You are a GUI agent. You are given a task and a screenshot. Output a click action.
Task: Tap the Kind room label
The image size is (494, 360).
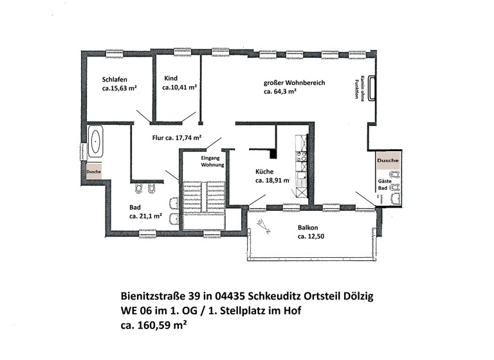pos(170,78)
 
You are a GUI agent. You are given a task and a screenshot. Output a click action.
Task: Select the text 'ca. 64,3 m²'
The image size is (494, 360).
pos(280,92)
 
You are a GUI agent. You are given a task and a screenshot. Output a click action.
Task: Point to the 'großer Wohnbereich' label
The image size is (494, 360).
pos(294,83)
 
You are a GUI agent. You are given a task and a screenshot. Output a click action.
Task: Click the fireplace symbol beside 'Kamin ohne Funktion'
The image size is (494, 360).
pos(371,87)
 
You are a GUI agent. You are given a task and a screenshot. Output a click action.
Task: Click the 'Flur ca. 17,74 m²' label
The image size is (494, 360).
pos(177,138)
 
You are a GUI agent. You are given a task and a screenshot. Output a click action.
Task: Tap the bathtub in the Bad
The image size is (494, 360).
pos(96,141)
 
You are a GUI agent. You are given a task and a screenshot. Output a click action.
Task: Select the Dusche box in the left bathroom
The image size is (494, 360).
pos(93,172)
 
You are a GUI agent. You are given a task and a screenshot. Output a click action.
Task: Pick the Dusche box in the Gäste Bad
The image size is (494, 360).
pos(388,160)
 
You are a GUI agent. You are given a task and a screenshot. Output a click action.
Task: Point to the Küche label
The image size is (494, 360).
pos(265,172)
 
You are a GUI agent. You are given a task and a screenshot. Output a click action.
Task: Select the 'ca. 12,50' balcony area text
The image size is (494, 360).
pos(310,237)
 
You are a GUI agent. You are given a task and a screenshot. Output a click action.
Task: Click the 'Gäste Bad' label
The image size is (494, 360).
pos(383,186)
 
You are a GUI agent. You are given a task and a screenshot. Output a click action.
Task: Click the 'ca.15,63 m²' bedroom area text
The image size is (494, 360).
pos(120,89)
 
